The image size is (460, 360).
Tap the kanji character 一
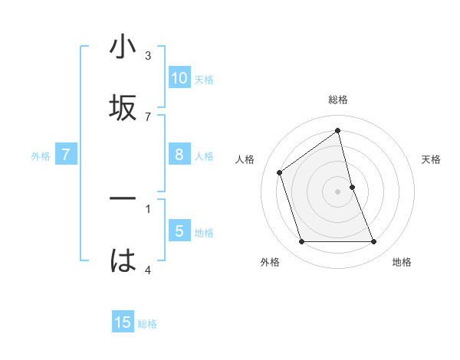(x=123, y=199)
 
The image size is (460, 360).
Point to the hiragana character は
(x=123, y=260)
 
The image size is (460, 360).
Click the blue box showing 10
(x=179, y=78)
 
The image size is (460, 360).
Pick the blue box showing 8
(x=179, y=155)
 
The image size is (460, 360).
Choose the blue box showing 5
(x=179, y=231)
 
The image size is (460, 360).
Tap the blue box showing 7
(x=66, y=155)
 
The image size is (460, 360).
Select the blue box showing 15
(x=123, y=322)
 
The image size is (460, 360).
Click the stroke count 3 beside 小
(x=148, y=55)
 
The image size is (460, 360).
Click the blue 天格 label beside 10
(x=204, y=79)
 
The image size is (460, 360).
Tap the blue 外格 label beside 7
(x=41, y=155)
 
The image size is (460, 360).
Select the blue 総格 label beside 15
(x=147, y=323)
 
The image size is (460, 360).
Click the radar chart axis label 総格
(x=338, y=100)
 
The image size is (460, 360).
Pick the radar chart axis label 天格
(x=432, y=159)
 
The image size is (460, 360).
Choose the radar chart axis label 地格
(x=402, y=262)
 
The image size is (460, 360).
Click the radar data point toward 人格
(x=280, y=172)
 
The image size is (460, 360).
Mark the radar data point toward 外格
(x=301, y=242)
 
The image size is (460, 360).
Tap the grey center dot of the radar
(x=338, y=191)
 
